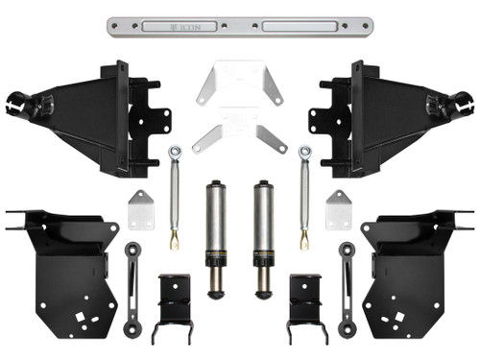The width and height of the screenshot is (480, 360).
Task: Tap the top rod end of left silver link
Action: click(x=175, y=152)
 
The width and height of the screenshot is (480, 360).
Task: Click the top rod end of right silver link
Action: click(x=304, y=152)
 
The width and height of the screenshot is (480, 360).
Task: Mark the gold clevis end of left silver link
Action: click(x=175, y=236)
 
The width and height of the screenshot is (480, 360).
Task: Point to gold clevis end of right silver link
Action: click(x=304, y=236)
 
